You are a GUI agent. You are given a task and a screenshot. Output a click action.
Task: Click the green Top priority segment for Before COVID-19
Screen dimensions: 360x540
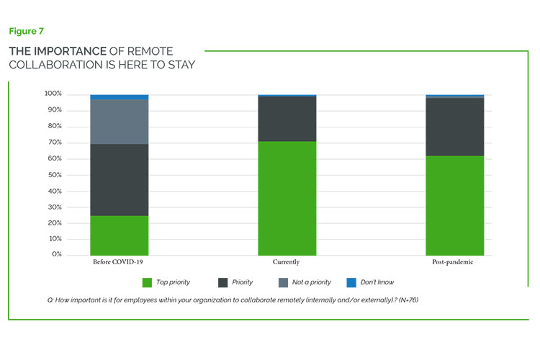[x=120, y=235]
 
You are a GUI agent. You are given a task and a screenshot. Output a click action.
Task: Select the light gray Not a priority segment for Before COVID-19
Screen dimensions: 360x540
[x=120, y=122]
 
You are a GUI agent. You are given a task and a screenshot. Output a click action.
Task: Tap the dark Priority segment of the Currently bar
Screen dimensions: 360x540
[x=287, y=119]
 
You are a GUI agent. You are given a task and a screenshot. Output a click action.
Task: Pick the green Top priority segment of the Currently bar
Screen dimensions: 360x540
[x=287, y=198]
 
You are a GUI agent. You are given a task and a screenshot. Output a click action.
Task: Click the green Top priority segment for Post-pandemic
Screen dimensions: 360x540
[x=454, y=205]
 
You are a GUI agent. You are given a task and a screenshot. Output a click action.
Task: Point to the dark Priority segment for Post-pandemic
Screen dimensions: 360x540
[x=454, y=127]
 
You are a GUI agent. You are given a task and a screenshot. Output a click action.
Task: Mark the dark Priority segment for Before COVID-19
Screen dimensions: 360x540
[x=120, y=180]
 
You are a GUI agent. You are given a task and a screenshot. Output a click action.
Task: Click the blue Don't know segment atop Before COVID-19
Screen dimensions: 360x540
[x=120, y=96]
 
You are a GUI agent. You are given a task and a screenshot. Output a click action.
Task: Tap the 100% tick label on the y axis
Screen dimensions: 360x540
[x=53, y=94]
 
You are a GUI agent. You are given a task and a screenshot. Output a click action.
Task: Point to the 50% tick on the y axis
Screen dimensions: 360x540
[x=55, y=175]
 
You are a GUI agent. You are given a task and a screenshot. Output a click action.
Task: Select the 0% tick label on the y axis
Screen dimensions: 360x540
[x=57, y=255]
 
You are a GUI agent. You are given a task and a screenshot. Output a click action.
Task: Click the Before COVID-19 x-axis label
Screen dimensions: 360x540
[x=120, y=262]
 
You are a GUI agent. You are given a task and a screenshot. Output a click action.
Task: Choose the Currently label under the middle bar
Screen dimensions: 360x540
[x=287, y=262]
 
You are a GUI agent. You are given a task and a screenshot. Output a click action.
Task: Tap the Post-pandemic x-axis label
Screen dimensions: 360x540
[x=454, y=262]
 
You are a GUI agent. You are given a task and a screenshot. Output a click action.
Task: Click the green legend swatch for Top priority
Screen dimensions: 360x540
[x=148, y=282]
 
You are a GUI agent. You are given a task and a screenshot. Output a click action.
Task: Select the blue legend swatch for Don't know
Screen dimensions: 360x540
[x=351, y=282]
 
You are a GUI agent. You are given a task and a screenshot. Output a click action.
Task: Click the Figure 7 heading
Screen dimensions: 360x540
[x=25, y=31]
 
